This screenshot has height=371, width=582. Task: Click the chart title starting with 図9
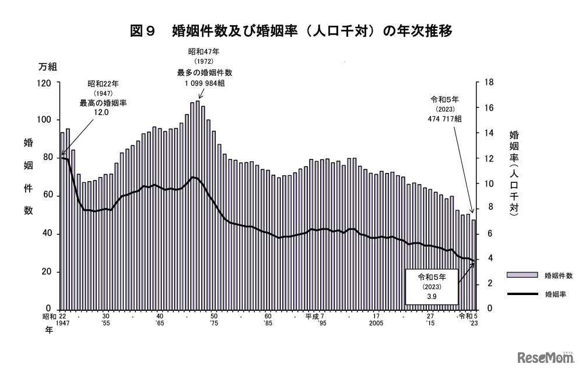click(291, 30)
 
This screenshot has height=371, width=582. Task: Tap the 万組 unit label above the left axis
click(47, 67)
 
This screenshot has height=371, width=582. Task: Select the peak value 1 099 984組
click(201, 83)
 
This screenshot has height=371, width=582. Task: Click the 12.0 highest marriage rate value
click(102, 112)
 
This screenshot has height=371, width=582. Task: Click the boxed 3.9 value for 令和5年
click(432, 296)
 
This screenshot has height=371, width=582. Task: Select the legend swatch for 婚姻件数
click(521, 275)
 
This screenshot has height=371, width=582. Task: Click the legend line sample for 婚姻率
click(521, 294)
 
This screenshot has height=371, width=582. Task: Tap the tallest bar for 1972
click(198, 204)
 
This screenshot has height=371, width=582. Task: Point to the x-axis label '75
click(214, 323)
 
